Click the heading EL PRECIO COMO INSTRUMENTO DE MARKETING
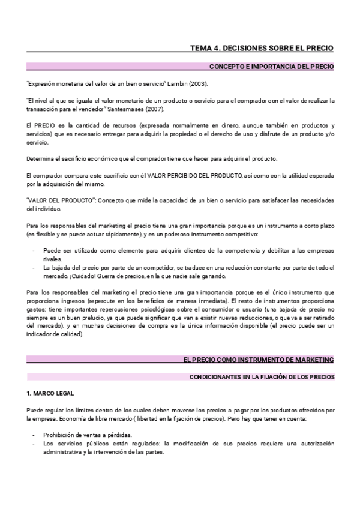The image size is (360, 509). [258, 359]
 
